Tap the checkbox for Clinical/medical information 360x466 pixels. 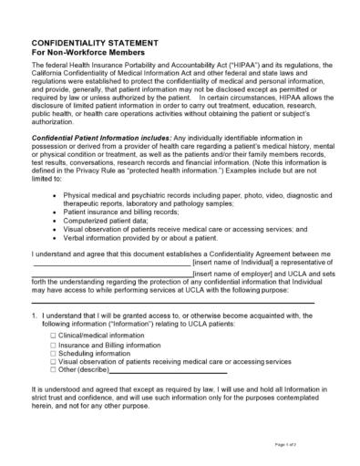click(x=52, y=336)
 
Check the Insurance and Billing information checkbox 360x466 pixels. click(x=52, y=346)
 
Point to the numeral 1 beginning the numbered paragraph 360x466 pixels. click(x=34, y=315)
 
